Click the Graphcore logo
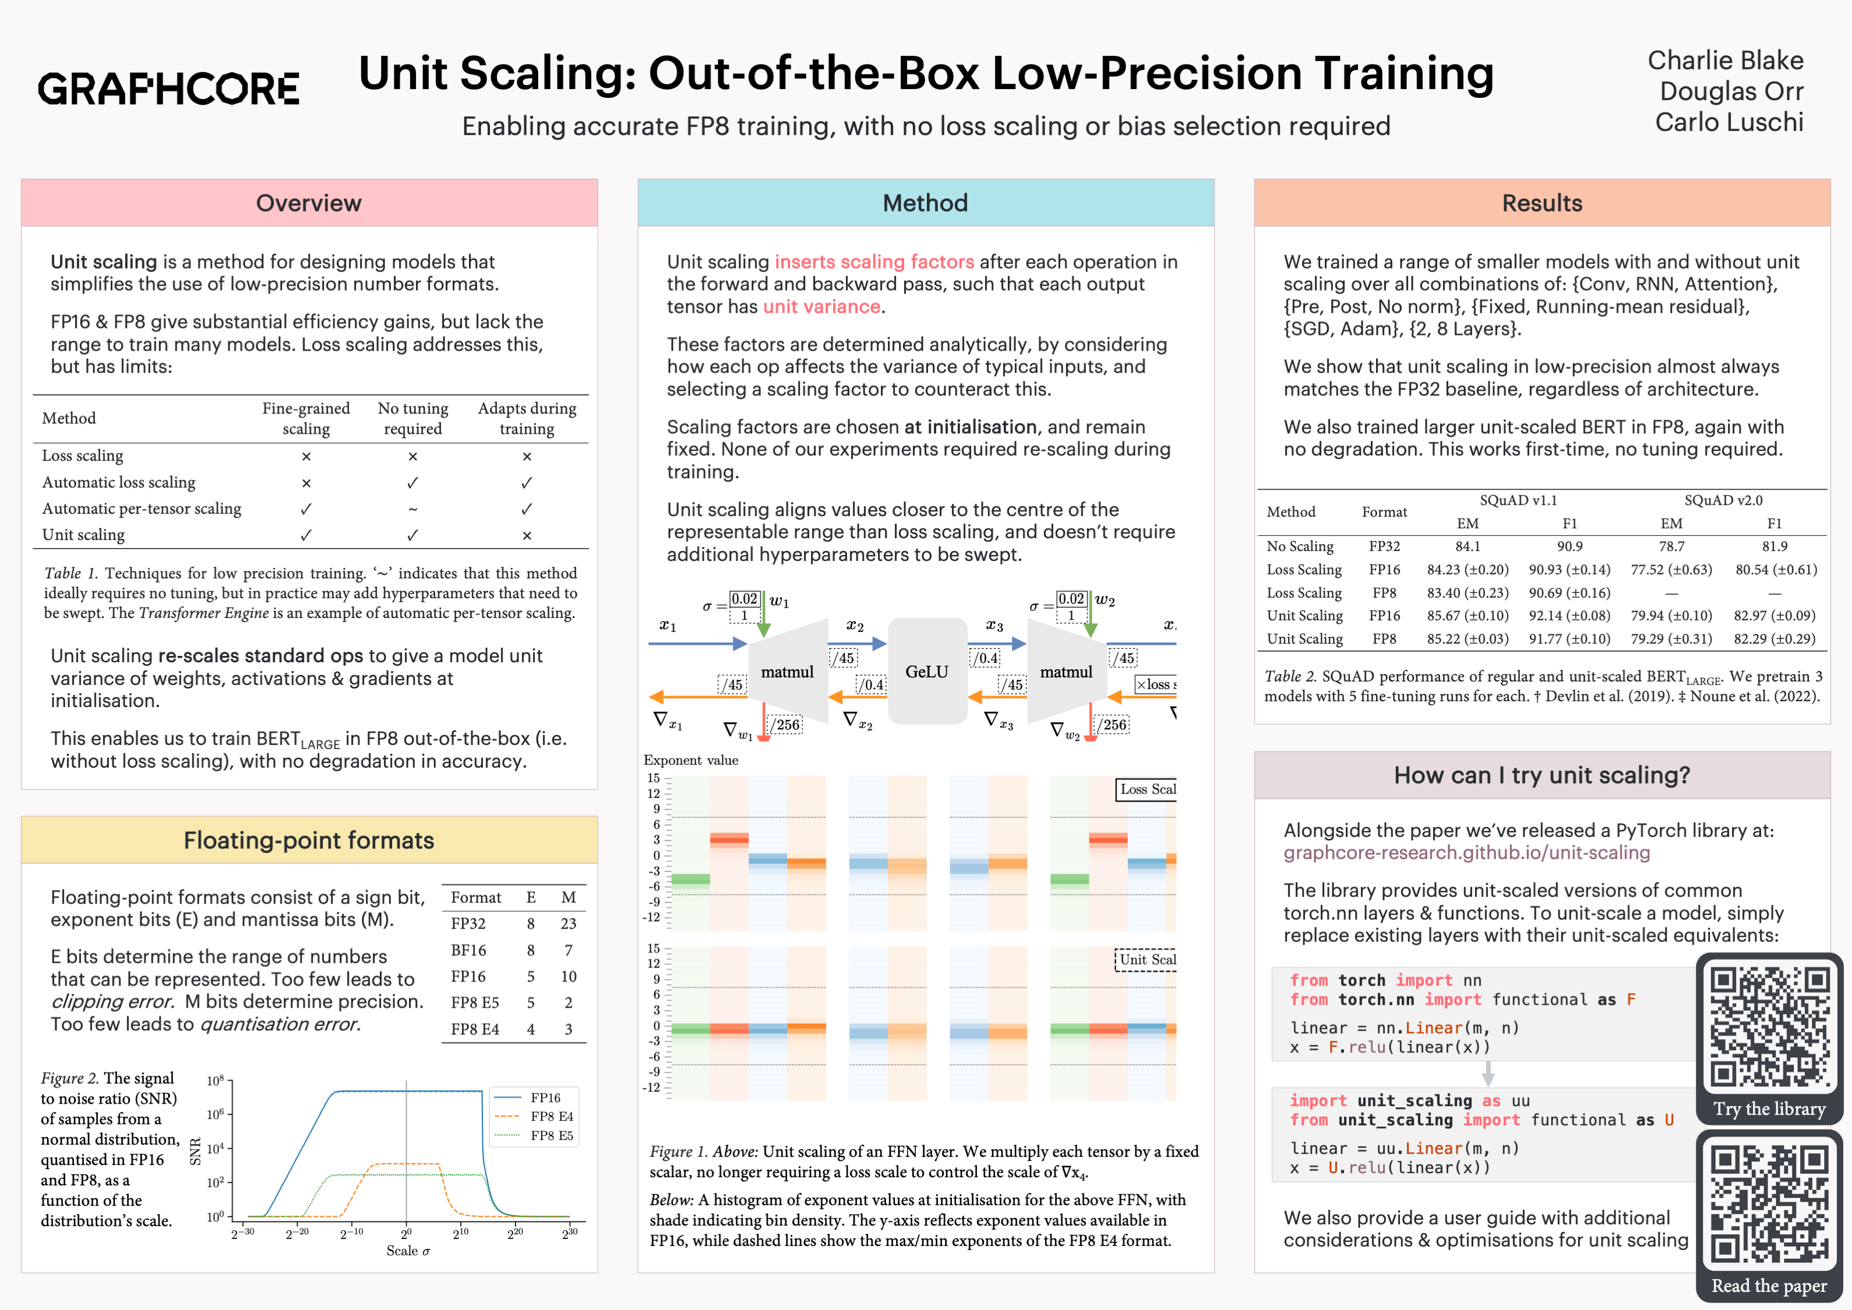point(168,88)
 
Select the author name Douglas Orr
point(1730,91)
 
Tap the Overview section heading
point(308,203)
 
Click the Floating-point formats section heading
point(308,841)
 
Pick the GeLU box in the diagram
point(927,671)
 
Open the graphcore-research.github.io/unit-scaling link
point(1466,853)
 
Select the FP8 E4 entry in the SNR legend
point(552,1117)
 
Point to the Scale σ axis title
point(408,1251)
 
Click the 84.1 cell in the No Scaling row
point(1468,547)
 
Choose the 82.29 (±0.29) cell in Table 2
point(1775,639)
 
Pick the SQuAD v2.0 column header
point(1723,500)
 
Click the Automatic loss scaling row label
point(119,482)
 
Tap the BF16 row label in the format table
point(468,950)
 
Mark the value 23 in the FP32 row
point(568,924)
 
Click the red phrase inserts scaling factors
point(874,262)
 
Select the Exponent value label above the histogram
point(690,760)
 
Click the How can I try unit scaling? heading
point(1541,775)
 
